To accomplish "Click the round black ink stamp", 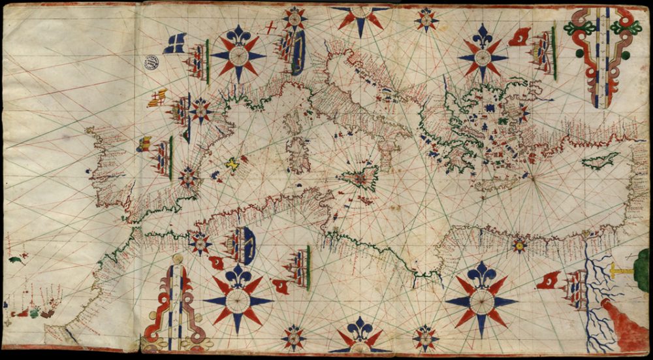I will coord(151,62).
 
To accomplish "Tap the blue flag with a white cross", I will coord(175,43).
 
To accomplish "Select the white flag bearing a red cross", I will coord(270,27).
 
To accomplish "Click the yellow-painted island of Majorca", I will coord(231,163).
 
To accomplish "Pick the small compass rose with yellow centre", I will coord(519,246).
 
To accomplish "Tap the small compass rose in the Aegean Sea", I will coord(522,112).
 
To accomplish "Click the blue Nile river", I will coord(590,287).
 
